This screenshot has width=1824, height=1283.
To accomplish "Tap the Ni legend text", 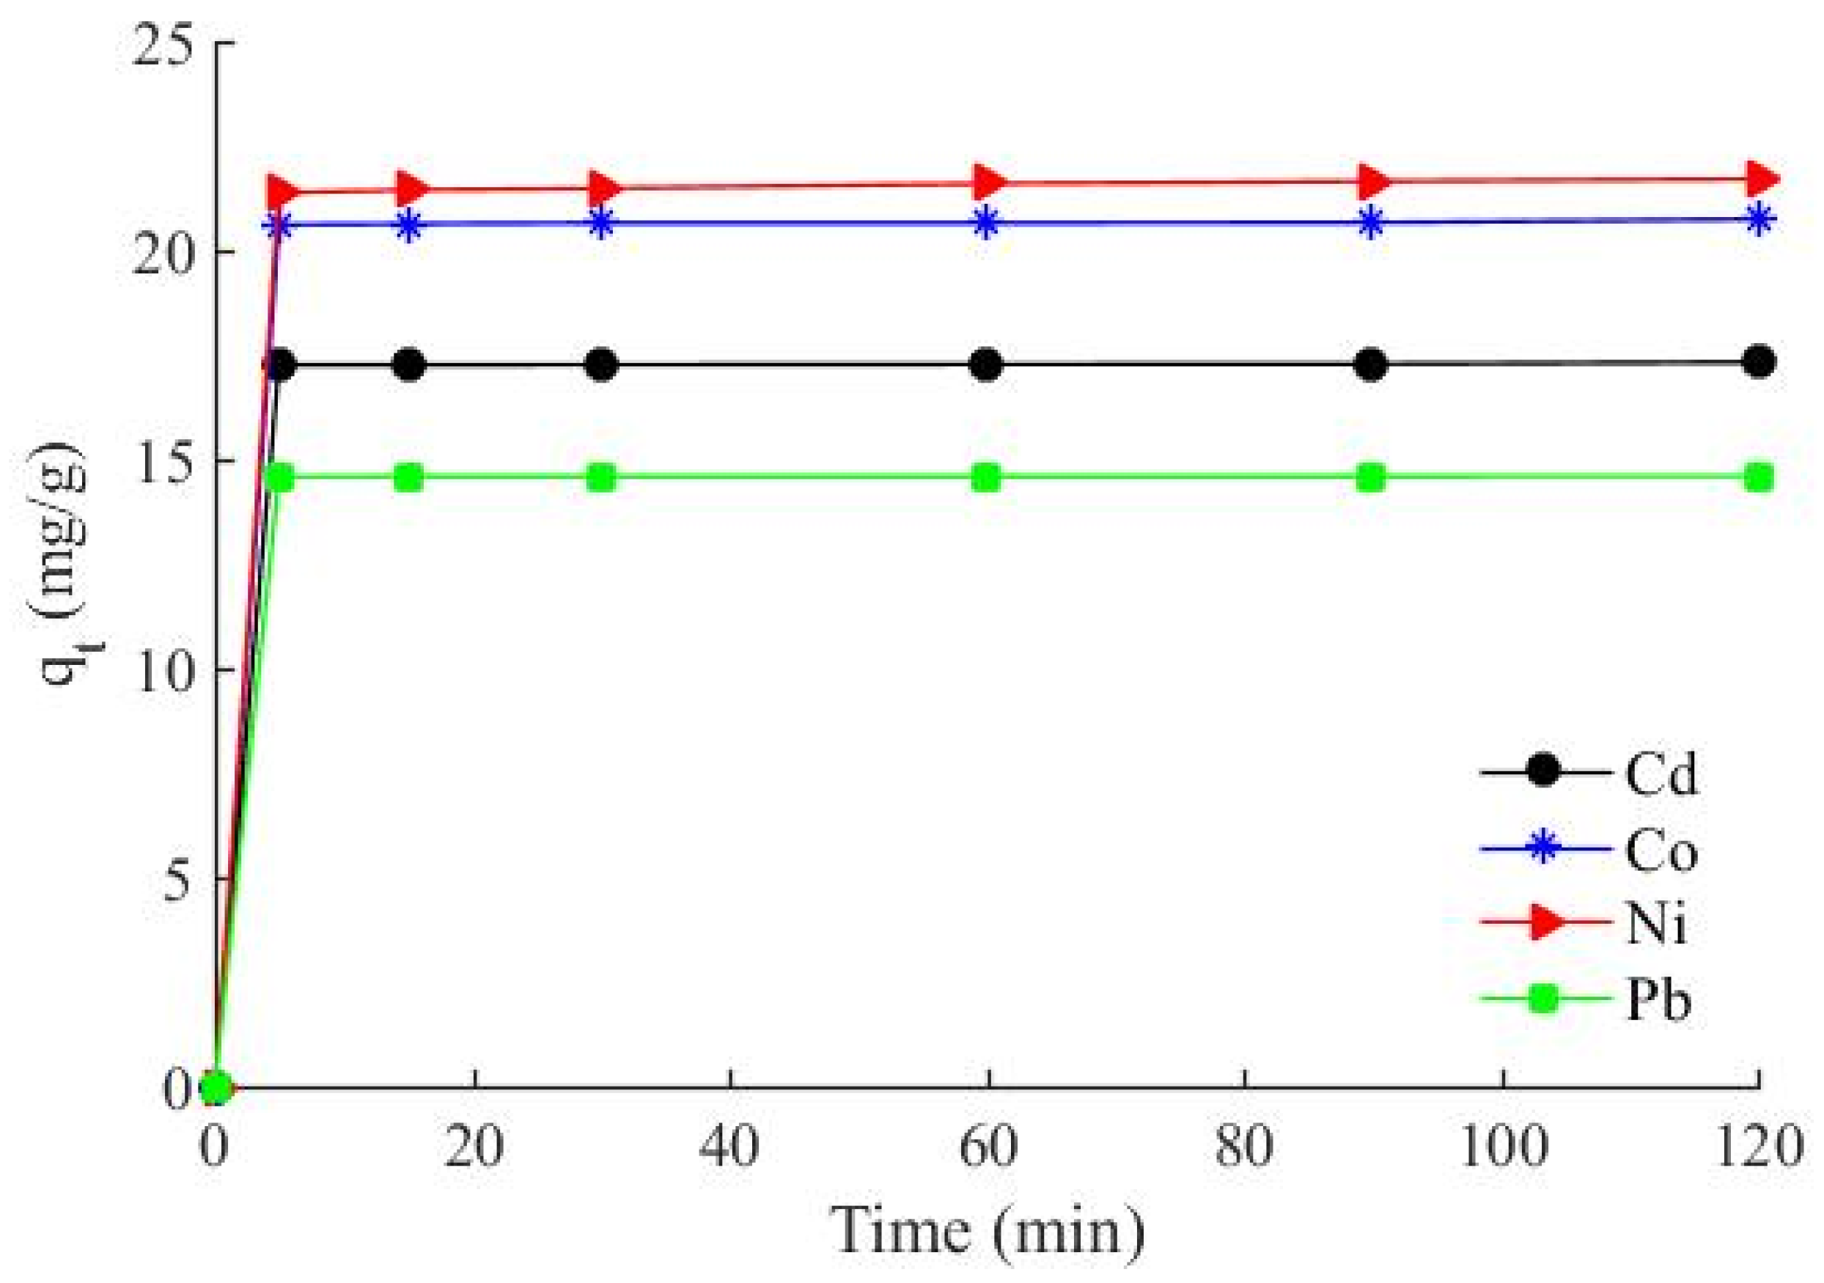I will tap(1655, 925).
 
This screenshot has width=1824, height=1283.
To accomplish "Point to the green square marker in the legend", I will tap(1543, 1001).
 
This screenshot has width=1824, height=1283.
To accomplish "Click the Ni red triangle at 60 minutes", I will tap(988, 183).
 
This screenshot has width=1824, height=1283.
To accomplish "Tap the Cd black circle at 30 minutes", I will tap(602, 365).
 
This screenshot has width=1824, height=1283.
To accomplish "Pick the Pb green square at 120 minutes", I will tap(1759, 478).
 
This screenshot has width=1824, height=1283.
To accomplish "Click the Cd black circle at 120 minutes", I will tap(1759, 363).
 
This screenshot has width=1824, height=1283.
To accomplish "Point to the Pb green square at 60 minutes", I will tap(987, 478).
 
